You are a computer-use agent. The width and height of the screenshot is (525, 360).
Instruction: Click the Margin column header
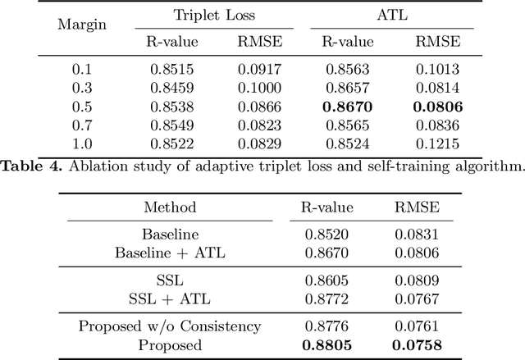(81, 24)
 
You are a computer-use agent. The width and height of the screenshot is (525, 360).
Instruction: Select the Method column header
(171, 207)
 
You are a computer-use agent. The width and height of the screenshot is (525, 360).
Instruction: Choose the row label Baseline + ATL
(171, 253)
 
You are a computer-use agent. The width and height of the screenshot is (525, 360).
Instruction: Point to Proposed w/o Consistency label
(171, 327)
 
